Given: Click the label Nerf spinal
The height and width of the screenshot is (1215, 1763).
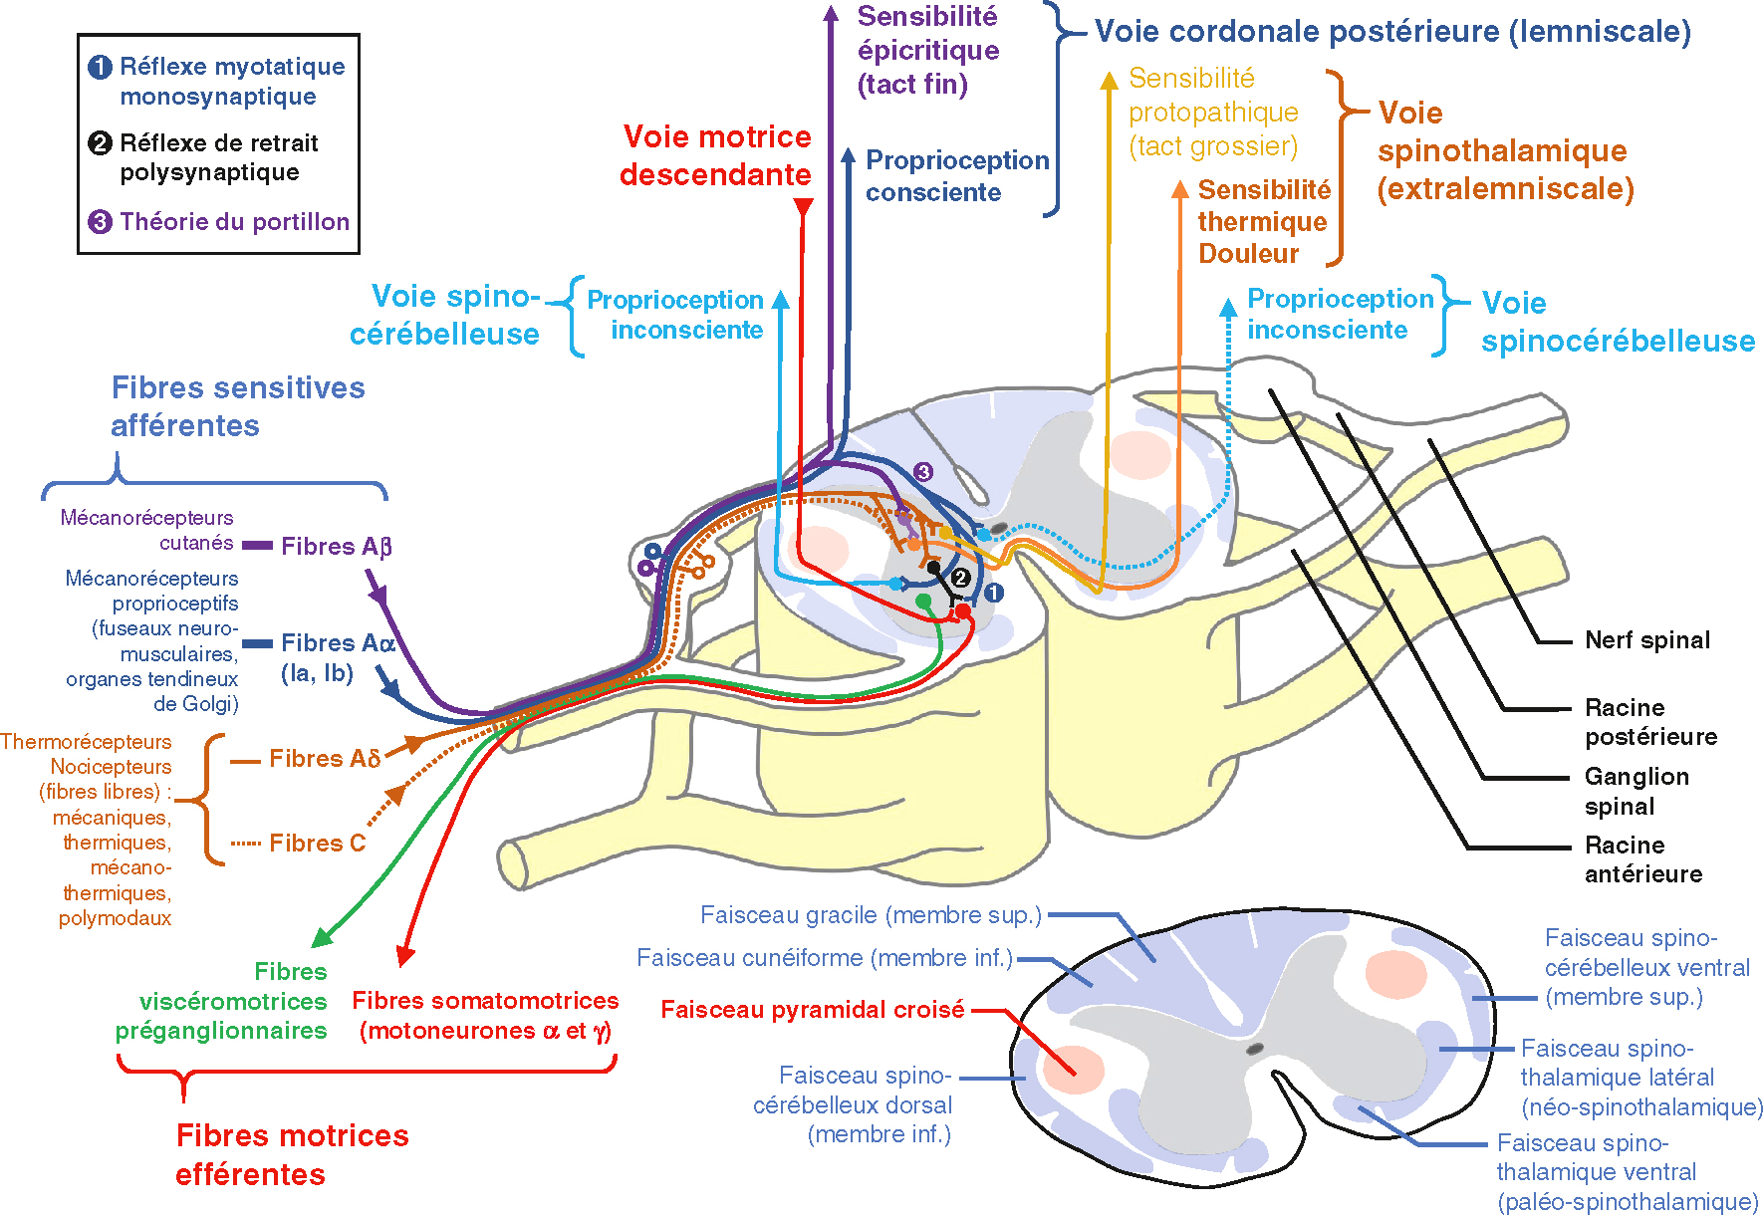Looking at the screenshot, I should pos(1646,640).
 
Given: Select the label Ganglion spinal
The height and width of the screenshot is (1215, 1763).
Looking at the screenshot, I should pos(1636,791).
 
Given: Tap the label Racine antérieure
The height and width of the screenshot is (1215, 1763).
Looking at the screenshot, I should pos(1642,859).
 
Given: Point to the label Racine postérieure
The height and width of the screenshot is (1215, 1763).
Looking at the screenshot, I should pos(1650,722).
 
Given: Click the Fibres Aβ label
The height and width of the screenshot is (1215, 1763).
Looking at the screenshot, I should pos(336,546).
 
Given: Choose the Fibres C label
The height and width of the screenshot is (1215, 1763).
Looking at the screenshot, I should pos(317,844).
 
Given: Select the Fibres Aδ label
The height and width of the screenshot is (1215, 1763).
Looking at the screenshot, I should pos(324,759).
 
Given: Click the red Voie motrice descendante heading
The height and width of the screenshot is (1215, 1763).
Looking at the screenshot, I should pos(715,155).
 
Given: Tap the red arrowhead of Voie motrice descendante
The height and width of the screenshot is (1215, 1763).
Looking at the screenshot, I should pos(803,207).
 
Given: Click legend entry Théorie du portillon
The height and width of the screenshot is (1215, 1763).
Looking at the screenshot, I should pos(233,221).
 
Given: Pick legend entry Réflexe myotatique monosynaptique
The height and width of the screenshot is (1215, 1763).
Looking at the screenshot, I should pos(231,82).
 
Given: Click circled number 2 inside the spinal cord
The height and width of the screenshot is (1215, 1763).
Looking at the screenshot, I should pos(960,578).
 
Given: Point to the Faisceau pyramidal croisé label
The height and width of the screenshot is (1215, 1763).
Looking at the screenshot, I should pos(812,1010).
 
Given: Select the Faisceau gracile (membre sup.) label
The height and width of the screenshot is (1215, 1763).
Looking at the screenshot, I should pos(870,914).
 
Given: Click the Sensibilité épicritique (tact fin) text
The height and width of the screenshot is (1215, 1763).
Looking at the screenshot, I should pos(927,50).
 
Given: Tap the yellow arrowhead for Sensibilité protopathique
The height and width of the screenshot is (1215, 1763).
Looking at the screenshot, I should pos(1109,80).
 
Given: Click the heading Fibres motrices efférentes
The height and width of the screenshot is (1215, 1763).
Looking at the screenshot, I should pos(291,1154).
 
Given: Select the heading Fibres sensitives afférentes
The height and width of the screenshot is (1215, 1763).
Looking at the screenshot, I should pos(237,405).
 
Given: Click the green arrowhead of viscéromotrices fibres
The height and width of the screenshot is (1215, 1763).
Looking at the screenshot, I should pos(321,938).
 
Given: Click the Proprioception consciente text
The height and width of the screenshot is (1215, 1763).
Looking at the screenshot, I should pos(956,175).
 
